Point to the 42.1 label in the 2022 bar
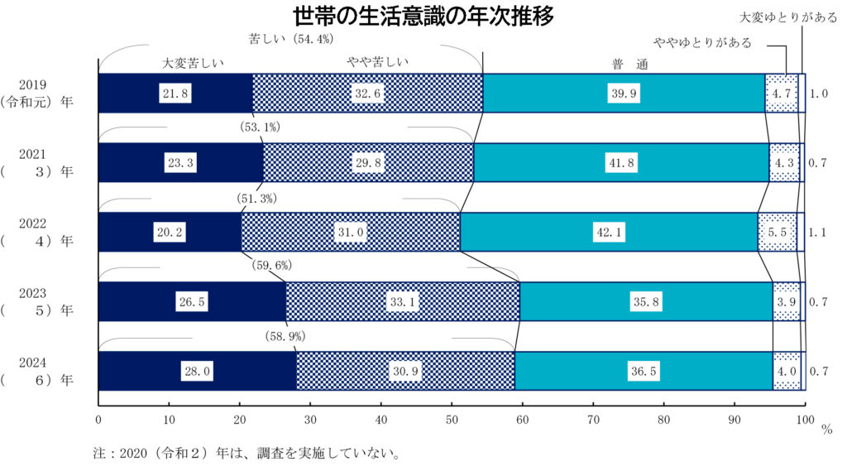tap(607, 233)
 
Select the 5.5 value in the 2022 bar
tap(778, 233)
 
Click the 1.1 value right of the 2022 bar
tap(818, 233)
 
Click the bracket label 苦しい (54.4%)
tap(291, 38)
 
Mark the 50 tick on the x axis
tap(452, 420)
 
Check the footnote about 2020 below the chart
tap(247, 454)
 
